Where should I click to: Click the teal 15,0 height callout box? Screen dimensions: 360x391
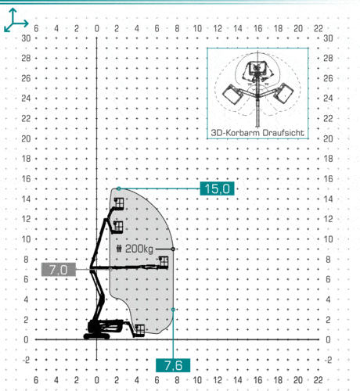coord(217,188)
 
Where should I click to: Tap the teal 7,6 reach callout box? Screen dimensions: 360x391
coord(173,365)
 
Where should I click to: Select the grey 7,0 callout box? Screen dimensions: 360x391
coord(59,269)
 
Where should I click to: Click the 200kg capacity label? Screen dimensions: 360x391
coord(139,249)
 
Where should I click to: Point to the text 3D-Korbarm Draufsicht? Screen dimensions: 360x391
coord(257,133)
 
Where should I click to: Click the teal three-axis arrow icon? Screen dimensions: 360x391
coord(16,20)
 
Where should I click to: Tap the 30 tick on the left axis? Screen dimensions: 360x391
coord(26,38)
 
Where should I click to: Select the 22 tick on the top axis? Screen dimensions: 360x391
coord(318,28)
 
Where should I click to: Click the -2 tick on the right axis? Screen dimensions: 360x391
coord(329,360)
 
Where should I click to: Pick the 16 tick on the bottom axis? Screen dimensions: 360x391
coord(257,380)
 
